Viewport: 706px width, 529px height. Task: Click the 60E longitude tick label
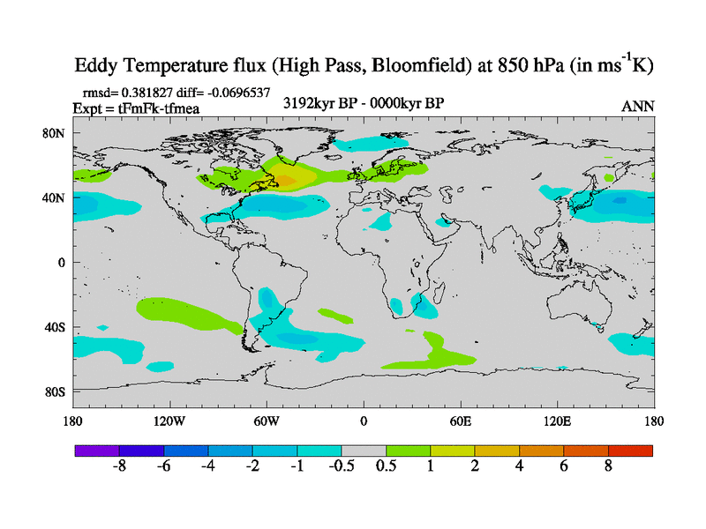[x=461, y=421]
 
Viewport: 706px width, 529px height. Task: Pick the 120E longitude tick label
[x=558, y=421]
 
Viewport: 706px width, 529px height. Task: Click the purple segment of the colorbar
[x=97, y=451]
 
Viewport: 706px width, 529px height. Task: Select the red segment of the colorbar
[x=631, y=451]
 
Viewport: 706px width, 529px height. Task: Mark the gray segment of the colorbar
[x=364, y=451]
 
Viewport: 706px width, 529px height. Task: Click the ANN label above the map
[x=638, y=106]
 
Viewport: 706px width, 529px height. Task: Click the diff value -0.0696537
[x=237, y=92]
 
